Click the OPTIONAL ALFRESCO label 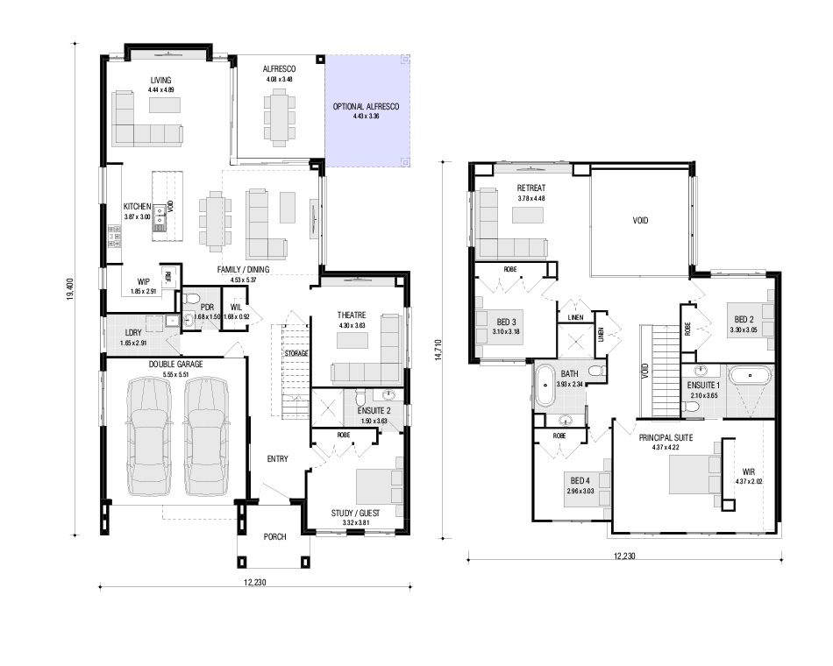(366, 106)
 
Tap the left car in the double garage (149, 436)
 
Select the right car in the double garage (207, 436)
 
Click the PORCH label (274, 537)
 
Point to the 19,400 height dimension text (69, 289)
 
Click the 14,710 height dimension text (438, 350)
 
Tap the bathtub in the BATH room (545, 386)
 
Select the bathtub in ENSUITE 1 (750, 375)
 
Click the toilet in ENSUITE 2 (360, 398)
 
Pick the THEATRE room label (351, 315)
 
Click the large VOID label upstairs (640, 221)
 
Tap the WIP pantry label (144, 281)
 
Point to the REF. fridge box (168, 276)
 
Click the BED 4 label (580, 480)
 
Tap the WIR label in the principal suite (749, 471)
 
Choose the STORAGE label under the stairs (295, 353)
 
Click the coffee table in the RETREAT (528, 215)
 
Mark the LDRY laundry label (133, 333)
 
